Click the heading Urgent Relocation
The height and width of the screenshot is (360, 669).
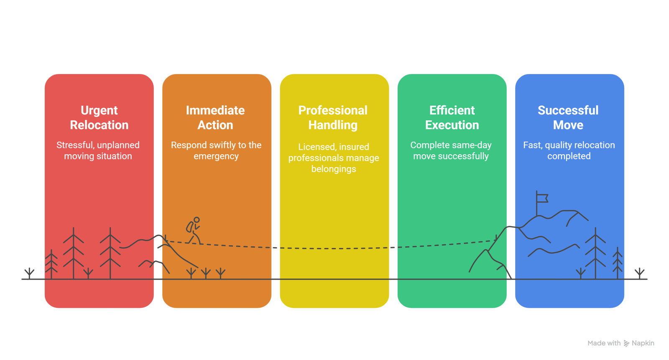point(99,117)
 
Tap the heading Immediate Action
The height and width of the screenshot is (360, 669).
point(215,117)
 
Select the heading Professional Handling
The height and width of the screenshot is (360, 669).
point(333,117)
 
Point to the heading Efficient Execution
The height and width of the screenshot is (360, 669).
point(452,117)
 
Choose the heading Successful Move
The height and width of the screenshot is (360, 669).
point(568,117)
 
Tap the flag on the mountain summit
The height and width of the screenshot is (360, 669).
point(542,198)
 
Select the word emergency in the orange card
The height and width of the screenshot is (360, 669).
point(216,156)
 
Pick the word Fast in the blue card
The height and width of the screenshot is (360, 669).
point(532,145)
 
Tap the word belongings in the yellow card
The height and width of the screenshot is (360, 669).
point(334,169)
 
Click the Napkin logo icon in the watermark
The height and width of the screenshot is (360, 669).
point(626,344)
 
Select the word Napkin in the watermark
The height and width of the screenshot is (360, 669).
point(643,343)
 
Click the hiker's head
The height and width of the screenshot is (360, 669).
point(197,220)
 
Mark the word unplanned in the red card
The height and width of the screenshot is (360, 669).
point(119,145)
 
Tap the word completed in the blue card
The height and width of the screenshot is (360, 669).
point(569,156)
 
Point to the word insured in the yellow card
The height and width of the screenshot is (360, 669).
point(354,147)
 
